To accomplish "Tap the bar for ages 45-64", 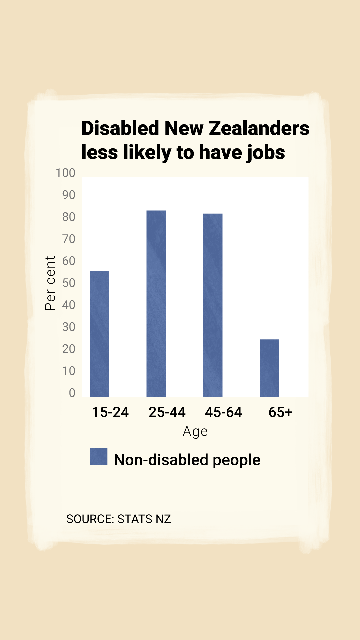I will pos(213,305).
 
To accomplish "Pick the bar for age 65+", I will pos(269,368).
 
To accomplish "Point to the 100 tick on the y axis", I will pos(65,173).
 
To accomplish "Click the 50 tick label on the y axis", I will pos(69,283).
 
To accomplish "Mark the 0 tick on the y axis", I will pos(72,393).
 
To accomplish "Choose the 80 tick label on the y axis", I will pos(69,217).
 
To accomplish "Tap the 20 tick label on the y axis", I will pos(69,349).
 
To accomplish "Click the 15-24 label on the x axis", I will pos(110,412).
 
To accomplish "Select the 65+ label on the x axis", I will pos(280,412).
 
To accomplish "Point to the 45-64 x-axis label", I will pos(223,412).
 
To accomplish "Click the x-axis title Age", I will pos(195,431).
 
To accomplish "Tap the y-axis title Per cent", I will pos(50,283).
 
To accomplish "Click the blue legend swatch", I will pos(99,457).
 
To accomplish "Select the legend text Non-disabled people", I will pos(187,460).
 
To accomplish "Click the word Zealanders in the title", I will pos(259,128).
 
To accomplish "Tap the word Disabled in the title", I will pos(120,128).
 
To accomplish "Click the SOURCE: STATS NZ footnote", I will pos(118,519).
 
